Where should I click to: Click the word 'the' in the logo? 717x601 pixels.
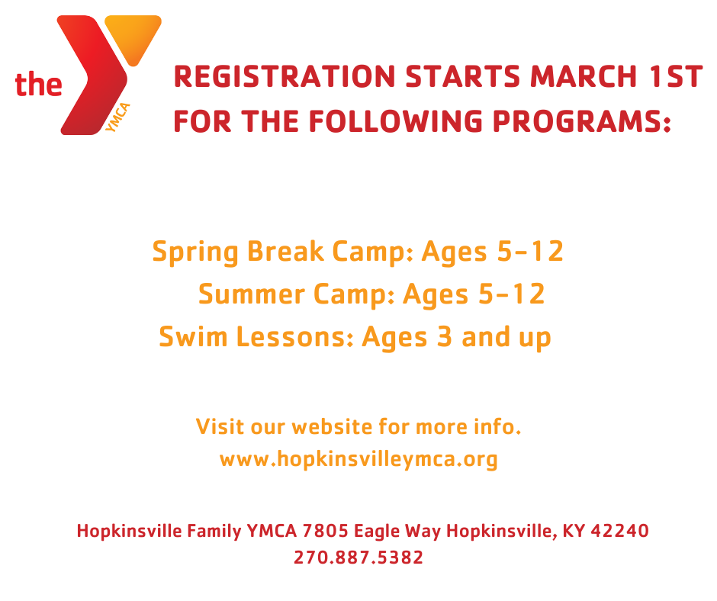(x=38, y=84)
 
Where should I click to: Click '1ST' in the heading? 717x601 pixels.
(x=674, y=78)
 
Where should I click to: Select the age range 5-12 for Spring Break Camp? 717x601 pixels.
(x=529, y=252)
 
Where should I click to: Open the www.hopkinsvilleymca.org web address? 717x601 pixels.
(x=358, y=460)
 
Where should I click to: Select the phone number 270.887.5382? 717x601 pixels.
(x=358, y=558)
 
